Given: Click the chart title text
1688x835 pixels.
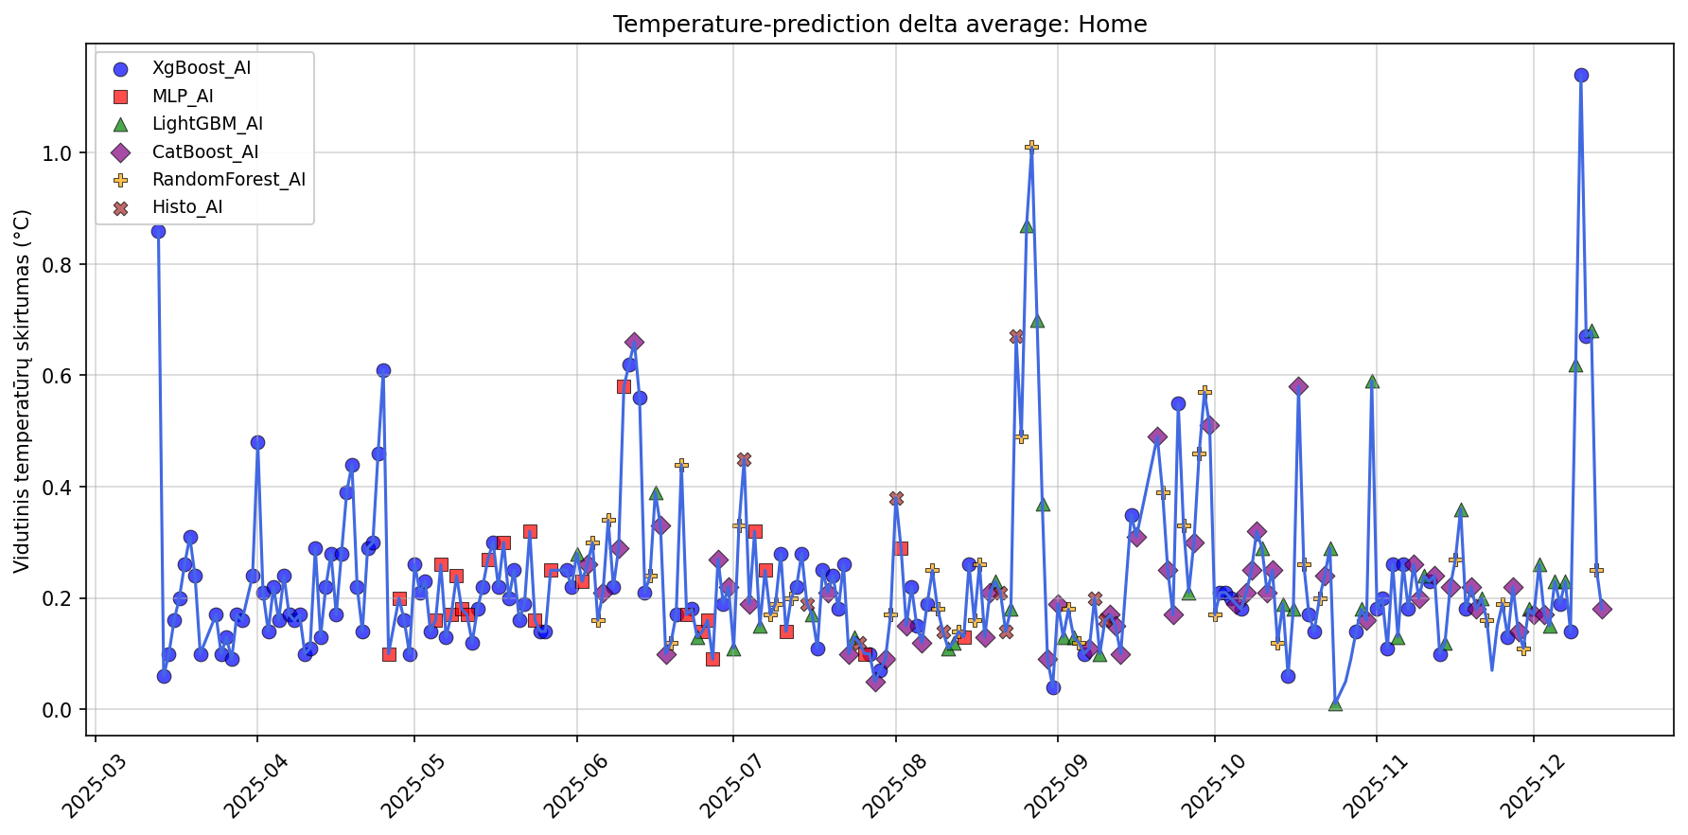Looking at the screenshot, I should pyautogui.click(x=879, y=25).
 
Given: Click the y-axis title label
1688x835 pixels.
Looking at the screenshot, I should pyautogui.click(x=23, y=391).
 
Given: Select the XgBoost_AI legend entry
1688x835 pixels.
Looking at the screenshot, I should pyautogui.click(x=202, y=68).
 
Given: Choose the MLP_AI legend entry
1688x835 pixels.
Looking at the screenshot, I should pyautogui.click(x=183, y=96).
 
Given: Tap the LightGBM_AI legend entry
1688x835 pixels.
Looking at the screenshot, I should pyautogui.click(x=207, y=124).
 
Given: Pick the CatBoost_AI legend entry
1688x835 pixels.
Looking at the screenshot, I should pyautogui.click(x=205, y=151).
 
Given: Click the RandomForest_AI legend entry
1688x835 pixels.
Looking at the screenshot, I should pyautogui.click(x=228, y=180).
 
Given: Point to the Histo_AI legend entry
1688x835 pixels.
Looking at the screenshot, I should pyautogui.click(x=187, y=207).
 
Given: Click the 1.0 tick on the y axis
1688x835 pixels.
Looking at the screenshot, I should pyautogui.click(x=73, y=153).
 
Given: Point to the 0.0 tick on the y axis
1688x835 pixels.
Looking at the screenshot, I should pyautogui.click(x=73, y=710).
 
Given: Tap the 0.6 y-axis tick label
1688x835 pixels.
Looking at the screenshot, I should pyautogui.click(x=73, y=376).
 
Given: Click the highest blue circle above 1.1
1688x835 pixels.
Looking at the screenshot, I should pyautogui.click(x=1581, y=75).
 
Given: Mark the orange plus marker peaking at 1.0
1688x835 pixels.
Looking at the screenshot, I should pyautogui.click(x=1031, y=146).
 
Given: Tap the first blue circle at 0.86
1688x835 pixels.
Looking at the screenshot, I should pyautogui.click(x=158, y=231).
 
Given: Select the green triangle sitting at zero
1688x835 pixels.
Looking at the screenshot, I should pyautogui.click(x=1335, y=704).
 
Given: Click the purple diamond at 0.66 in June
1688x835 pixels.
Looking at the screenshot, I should pyautogui.click(x=634, y=342).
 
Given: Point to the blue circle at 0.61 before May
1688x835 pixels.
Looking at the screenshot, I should pyautogui.click(x=383, y=370).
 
